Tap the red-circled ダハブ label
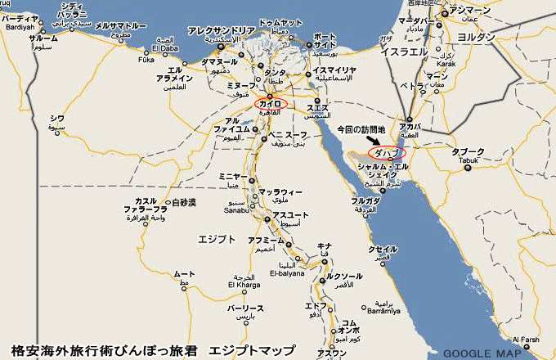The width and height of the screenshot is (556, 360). pyautogui.click(x=387, y=153)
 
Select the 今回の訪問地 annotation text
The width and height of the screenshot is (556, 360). pyautogui.click(x=365, y=130)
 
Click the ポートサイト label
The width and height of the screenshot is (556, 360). pyautogui.click(x=324, y=42)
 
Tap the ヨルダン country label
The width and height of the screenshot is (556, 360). pyautogui.click(x=478, y=38)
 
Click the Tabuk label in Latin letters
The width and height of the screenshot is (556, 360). pyautogui.click(x=469, y=160)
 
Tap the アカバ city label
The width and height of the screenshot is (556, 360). pyautogui.click(x=410, y=127)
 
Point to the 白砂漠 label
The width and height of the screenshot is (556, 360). pyautogui.click(x=182, y=202)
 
